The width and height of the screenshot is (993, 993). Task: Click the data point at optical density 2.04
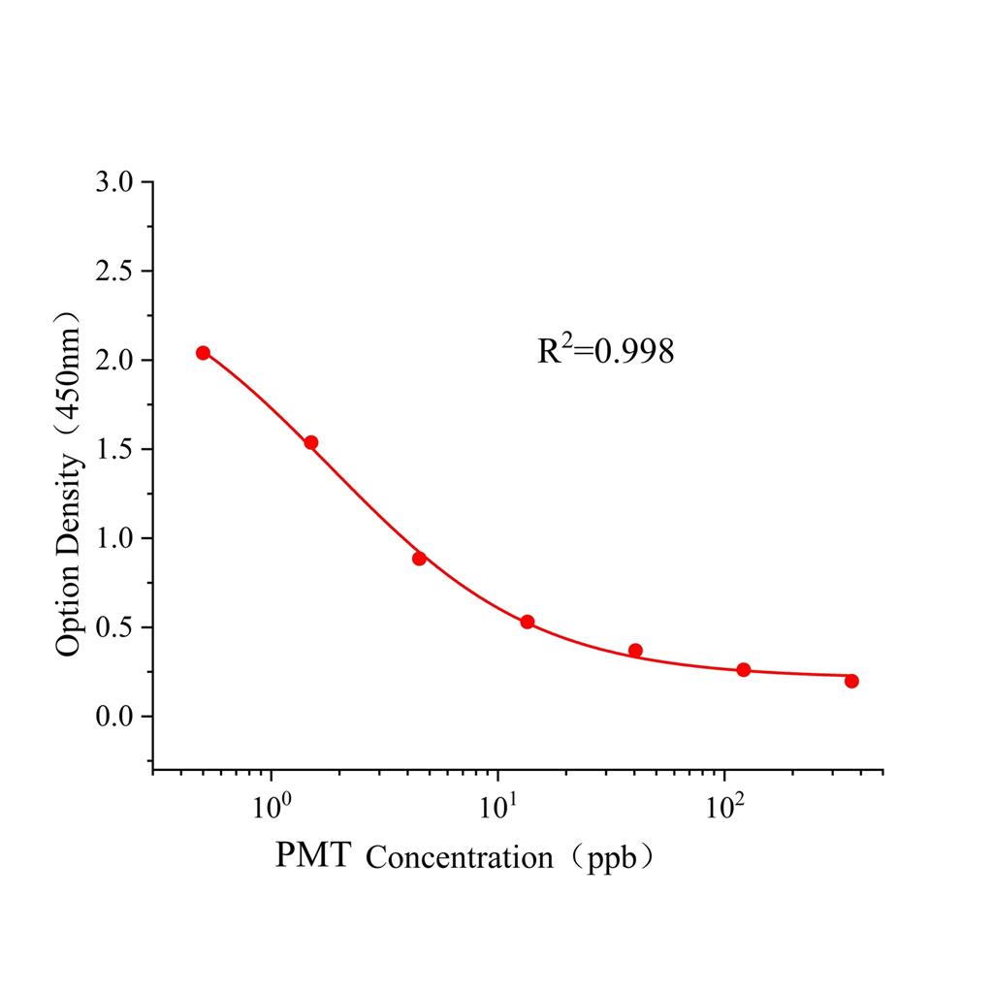[x=203, y=353]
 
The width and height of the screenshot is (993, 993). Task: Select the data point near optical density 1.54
[x=311, y=442]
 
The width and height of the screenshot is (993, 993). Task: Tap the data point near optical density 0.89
[x=419, y=559]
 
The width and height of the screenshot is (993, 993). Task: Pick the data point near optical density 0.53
[x=528, y=622]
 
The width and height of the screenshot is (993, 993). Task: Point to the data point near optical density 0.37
[x=635, y=651]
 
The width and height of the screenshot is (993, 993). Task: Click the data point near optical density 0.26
[x=744, y=670]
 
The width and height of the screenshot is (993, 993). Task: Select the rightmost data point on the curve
[x=851, y=681]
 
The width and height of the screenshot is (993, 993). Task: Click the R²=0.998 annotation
[x=606, y=351]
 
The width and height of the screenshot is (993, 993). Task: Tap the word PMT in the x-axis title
[x=313, y=855]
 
